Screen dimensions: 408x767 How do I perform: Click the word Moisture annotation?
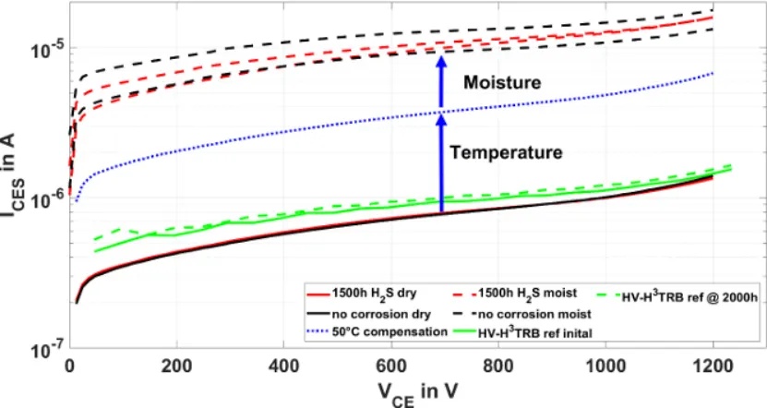pyautogui.click(x=501, y=84)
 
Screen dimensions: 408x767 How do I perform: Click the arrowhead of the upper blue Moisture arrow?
pyautogui.click(x=441, y=62)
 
